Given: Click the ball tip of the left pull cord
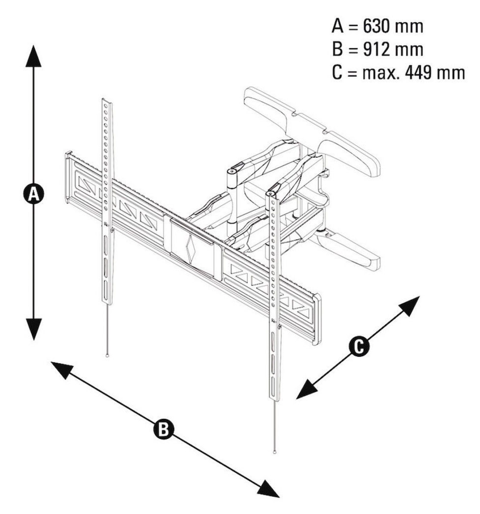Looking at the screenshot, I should click(107, 356).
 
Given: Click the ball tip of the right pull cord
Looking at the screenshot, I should click(274, 452).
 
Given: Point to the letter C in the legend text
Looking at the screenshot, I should click(337, 73).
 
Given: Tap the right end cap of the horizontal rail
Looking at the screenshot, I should click(317, 319).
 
